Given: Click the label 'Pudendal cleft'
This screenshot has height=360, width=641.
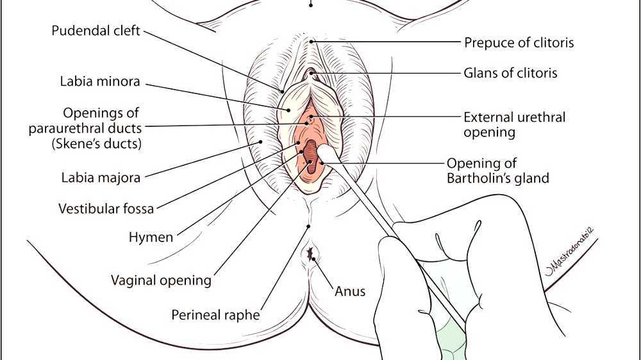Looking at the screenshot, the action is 96,31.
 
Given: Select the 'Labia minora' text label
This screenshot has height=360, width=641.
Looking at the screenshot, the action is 100,82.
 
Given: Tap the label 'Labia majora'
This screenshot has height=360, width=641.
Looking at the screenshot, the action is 101,177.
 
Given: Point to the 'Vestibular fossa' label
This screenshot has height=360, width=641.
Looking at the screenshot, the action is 97,209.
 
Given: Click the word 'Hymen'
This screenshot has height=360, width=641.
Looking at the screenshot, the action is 151,238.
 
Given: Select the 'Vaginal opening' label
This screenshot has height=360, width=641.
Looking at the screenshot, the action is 161,280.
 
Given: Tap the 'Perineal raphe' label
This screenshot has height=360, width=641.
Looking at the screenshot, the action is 215,315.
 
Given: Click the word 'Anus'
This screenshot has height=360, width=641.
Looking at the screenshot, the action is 350,291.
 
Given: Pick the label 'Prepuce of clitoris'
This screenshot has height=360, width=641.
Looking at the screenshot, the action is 519,43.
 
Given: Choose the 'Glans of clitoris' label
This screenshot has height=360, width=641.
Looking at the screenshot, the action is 510,72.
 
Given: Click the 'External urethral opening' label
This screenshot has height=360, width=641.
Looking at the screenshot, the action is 515,125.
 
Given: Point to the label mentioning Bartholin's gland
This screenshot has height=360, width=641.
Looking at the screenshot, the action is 498,170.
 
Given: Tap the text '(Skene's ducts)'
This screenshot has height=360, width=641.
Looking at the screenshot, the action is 96,143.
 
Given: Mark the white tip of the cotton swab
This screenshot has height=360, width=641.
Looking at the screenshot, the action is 327,154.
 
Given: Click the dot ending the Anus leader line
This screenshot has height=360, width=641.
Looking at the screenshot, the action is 314,259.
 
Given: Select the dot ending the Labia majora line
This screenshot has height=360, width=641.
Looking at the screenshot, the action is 261,141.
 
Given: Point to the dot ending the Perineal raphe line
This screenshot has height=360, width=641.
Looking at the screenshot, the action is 310,226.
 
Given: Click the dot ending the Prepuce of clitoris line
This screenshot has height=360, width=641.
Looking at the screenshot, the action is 312,42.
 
